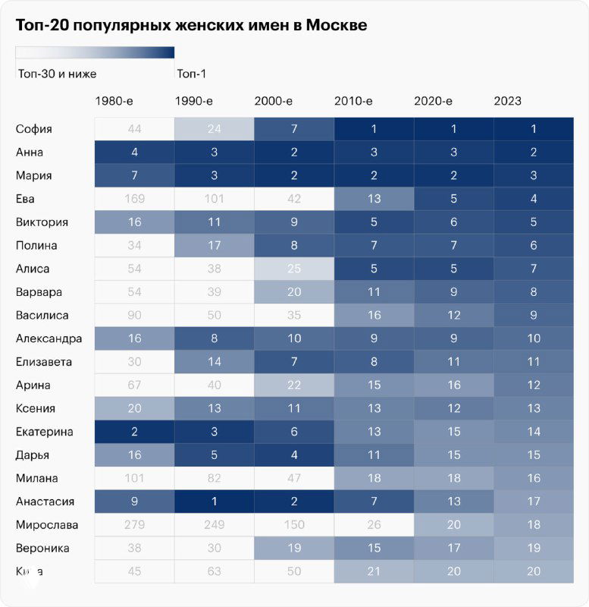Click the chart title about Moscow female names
[191, 26]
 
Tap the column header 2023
[507, 101]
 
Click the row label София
[34, 129]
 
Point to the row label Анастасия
[45, 502]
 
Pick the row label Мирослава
[46, 525]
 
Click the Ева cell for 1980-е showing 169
[134, 199]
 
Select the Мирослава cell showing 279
[134, 525]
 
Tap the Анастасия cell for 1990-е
[214, 502]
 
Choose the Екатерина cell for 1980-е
[134, 432]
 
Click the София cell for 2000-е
[294, 129]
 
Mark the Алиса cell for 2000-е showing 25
[294, 269]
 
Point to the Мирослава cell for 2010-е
[374, 525]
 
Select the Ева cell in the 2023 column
[533, 199]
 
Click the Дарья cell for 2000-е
[294, 455]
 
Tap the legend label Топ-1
[191, 74]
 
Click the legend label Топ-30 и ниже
[56, 74]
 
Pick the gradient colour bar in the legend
[95, 52]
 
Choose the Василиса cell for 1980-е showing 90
[134, 316]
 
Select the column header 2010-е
[353, 101]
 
